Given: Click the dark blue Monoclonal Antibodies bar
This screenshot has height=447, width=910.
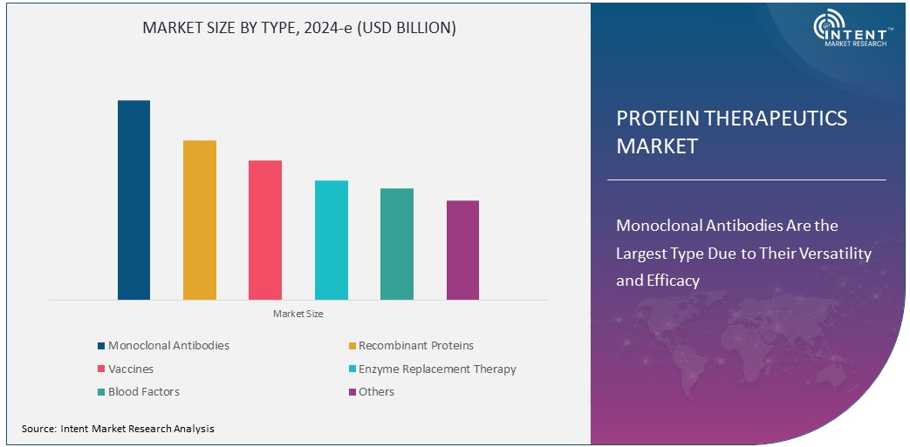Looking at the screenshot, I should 133,200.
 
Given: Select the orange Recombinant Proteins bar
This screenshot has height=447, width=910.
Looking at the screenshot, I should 200,220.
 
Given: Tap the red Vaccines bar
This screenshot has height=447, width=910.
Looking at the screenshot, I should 265,230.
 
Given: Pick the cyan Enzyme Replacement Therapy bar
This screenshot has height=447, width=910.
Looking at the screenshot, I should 331,240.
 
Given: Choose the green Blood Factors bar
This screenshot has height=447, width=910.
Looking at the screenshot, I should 397,244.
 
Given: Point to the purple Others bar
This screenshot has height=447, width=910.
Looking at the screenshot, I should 462,250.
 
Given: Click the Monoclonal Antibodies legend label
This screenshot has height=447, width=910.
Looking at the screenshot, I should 168,346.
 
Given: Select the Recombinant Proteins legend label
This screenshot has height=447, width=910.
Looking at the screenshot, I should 416,346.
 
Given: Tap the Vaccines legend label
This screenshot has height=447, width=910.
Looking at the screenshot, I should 131,369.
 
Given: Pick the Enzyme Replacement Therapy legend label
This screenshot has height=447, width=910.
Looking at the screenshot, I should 437,369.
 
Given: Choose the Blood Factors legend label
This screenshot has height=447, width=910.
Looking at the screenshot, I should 144,392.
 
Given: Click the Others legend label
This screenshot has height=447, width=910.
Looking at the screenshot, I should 376,392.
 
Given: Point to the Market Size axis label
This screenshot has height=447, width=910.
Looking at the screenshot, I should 298,314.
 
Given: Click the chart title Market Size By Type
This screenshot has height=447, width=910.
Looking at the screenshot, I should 299,28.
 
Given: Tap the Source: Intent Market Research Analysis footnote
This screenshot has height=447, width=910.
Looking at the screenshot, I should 118,429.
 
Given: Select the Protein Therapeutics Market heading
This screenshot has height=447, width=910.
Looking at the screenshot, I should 731,132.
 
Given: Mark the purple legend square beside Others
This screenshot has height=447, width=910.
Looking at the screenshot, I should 352,392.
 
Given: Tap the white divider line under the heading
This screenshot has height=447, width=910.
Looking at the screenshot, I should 746,180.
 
